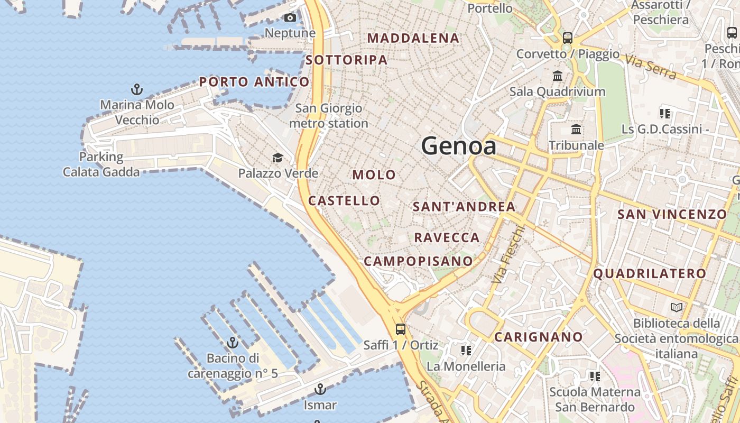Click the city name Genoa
pos(459,146)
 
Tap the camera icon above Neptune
pos(290,18)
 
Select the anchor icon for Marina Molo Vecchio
pos(137,89)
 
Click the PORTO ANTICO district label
pos(254,82)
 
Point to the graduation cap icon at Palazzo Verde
pos(277,158)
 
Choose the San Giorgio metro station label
pos(329,116)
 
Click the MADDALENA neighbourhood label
pos(413,38)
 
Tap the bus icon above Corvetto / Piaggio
pos(568,38)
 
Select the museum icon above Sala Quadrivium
pos(558,76)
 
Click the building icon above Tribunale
pos(576,130)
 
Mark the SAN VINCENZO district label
pos(672,214)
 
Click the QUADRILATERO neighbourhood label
pos(650,273)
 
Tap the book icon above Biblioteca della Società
pos(676,307)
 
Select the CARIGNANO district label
pos(539,337)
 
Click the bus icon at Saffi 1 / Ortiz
pos(401,329)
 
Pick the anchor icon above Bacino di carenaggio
pos(233,343)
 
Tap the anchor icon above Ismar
pos(320,390)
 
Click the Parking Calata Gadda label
pos(101,164)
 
